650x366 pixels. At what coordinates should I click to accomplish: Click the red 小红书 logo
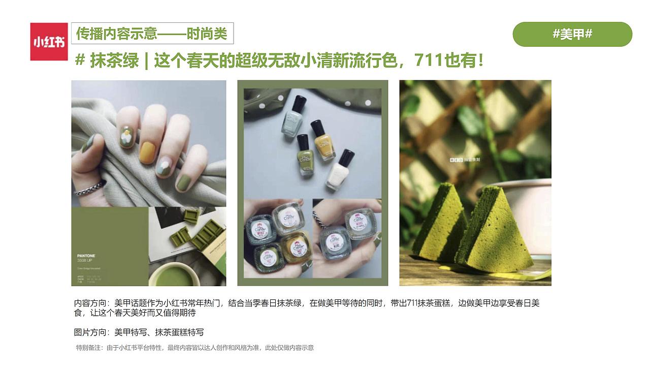pos(49,42)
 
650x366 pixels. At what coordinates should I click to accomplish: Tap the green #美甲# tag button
pos(572,35)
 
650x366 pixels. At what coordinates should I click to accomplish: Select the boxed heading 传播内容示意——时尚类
pos(152,34)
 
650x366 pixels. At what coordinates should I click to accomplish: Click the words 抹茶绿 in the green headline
pos(114,61)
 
